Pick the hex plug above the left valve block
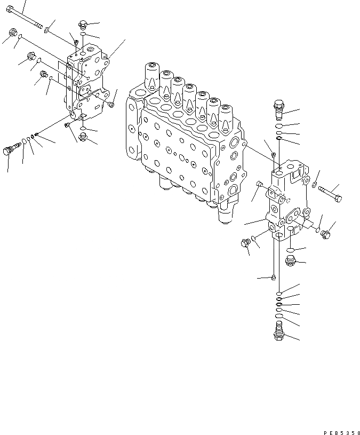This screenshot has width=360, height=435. click(x=82, y=24)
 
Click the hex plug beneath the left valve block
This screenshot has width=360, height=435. click(x=83, y=138)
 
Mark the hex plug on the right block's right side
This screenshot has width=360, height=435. click(x=327, y=233)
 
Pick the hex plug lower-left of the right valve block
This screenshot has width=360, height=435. click(x=246, y=243)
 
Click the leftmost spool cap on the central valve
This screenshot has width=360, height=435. click(x=151, y=74)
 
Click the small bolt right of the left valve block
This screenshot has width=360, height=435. click(x=110, y=105)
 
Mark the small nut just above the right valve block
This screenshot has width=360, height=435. click(x=273, y=155)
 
